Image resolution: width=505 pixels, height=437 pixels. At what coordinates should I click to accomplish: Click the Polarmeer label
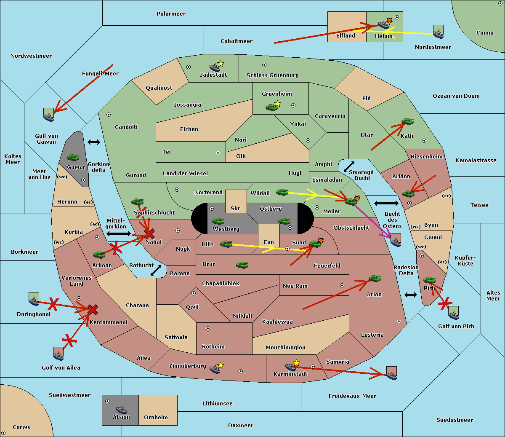click(x=171, y=14)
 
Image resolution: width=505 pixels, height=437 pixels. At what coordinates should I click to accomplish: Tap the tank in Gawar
click(x=73, y=158)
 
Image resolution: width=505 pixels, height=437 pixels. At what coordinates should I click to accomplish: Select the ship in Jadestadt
click(x=215, y=67)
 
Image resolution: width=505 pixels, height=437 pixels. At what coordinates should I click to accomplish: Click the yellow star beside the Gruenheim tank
click(x=277, y=104)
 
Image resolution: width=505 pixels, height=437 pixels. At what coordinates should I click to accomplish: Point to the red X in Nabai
click(x=149, y=233)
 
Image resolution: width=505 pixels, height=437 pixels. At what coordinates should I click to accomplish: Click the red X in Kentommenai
click(x=93, y=310)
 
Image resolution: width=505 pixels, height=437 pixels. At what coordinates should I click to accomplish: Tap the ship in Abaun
click(x=121, y=409)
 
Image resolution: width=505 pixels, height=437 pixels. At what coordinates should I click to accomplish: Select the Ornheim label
click(x=156, y=418)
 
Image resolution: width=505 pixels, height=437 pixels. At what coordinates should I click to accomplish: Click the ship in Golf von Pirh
click(x=453, y=313)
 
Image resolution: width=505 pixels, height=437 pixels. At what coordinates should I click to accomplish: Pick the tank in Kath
click(x=407, y=122)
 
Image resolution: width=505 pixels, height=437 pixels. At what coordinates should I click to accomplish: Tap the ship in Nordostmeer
click(x=438, y=32)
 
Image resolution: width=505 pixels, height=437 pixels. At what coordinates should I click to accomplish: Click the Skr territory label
click(x=236, y=209)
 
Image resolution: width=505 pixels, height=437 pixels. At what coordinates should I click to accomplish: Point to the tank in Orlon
click(x=375, y=279)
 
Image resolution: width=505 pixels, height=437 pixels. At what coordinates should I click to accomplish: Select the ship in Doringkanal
click(x=34, y=299)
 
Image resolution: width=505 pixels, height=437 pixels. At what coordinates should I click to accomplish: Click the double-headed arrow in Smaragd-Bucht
click(x=349, y=166)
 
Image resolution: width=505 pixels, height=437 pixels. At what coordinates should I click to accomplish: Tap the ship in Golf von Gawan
click(x=49, y=115)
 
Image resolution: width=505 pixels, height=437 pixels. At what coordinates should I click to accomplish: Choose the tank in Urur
click(x=242, y=265)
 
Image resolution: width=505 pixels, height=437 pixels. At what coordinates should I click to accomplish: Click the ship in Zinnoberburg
click(x=215, y=369)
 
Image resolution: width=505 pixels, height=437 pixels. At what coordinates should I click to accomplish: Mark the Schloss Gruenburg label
click(x=272, y=75)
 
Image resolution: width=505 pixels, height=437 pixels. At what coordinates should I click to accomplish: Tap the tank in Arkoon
click(x=99, y=255)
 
